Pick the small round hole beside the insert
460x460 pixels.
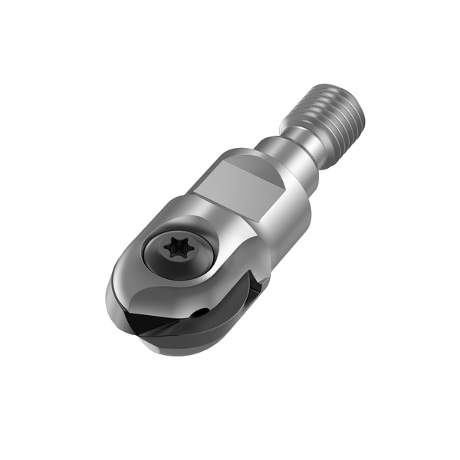pos(201,312)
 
